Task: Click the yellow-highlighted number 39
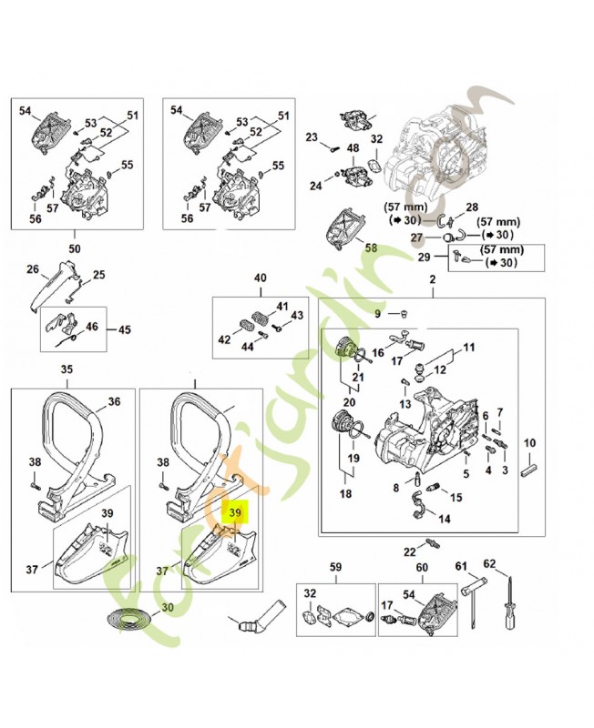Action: (234, 514)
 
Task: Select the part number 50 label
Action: (75, 246)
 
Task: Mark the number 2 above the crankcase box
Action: (432, 281)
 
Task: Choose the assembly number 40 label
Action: (260, 278)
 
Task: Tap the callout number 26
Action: (33, 269)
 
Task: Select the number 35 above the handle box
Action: (67, 369)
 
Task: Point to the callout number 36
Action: (114, 401)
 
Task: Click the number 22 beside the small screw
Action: (409, 552)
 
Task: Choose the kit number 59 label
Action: (335, 569)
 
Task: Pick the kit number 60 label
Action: (421, 569)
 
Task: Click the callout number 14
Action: (445, 520)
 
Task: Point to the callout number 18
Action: (345, 493)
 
